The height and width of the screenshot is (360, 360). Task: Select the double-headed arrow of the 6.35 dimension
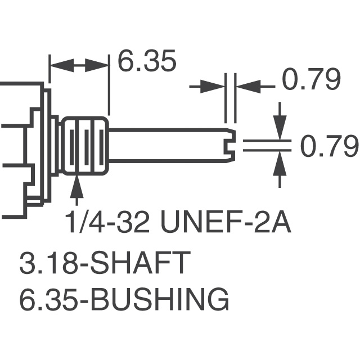79,66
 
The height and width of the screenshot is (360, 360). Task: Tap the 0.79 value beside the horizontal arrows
312,82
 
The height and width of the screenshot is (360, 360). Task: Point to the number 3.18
42,263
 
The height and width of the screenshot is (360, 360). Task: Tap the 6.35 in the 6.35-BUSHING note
43,300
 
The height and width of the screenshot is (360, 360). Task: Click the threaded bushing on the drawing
85,146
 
